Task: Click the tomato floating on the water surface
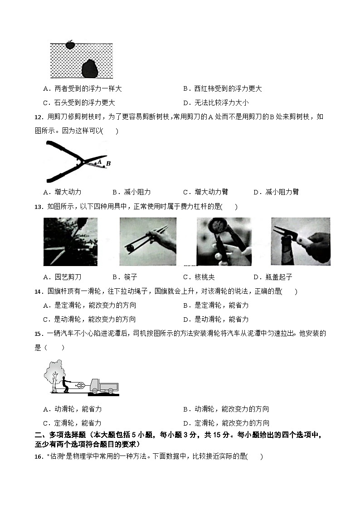point(70,44)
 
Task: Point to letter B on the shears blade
point(108,164)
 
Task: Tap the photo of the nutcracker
point(224,241)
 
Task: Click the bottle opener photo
point(300,241)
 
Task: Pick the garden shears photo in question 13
point(70,241)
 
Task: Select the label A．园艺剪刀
point(62,277)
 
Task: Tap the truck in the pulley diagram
point(104,386)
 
